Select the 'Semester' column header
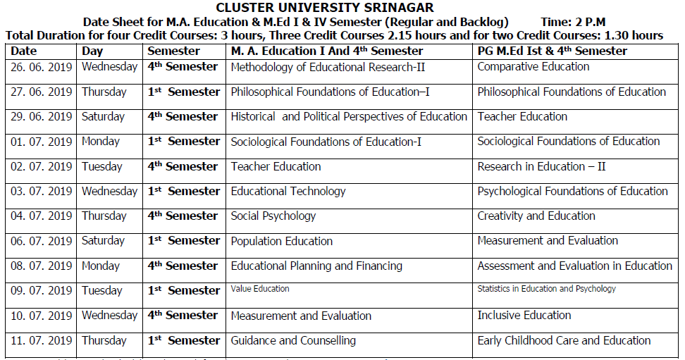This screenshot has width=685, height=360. (x=173, y=51)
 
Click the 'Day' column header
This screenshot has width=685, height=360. (x=92, y=51)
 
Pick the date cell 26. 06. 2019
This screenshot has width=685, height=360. (x=42, y=67)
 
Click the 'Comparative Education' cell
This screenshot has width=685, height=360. (x=533, y=67)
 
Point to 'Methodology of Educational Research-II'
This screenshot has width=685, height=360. (x=328, y=67)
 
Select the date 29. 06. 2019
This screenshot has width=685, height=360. (x=42, y=117)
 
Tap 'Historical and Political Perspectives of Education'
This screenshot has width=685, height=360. (x=349, y=117)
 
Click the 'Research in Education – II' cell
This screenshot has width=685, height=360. (x=541, y=167)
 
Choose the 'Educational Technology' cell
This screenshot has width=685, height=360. (x=288, y=192)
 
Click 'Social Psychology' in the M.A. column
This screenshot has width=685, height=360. (x=273, y=216)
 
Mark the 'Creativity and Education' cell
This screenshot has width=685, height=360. (x=536, y=216)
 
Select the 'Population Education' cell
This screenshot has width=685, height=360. (x=282, y=241)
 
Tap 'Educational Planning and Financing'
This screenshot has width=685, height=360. (x=316, y=266)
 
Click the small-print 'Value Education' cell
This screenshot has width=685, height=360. (x=260, y=289)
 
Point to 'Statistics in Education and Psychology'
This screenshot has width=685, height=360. (x=546, y=289)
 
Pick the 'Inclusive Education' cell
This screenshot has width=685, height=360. (x=524, y=316)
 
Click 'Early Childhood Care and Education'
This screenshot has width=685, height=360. (x=564, y=341)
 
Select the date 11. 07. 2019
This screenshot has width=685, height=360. (x=42, y=341)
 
